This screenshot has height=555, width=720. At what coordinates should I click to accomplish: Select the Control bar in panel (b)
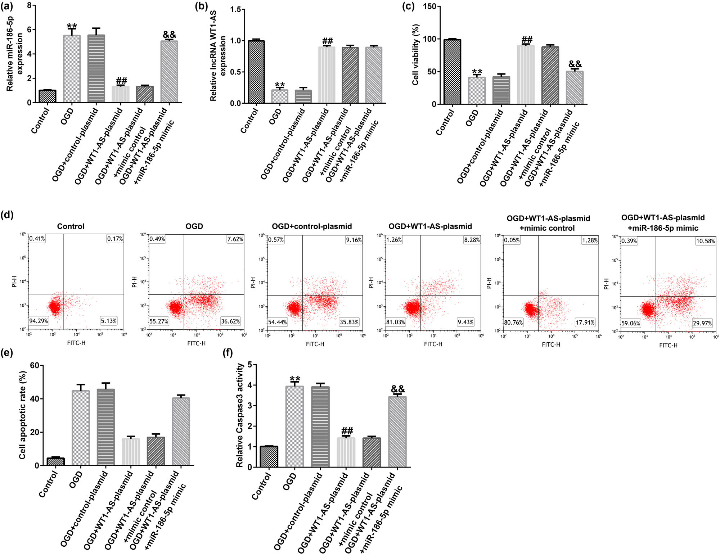256,72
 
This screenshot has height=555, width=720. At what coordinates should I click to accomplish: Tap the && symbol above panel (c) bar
575,64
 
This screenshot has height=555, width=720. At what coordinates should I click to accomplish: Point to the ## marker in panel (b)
327,41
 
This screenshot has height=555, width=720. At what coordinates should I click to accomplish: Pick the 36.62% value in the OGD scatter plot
230,321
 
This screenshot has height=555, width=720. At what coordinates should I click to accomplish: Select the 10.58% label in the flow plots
705,241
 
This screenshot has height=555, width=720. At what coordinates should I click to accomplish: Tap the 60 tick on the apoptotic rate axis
35,366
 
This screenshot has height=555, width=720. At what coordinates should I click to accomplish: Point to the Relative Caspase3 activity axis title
240,416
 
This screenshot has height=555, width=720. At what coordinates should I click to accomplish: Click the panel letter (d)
7,215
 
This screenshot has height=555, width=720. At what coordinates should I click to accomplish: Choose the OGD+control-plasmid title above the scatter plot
312,226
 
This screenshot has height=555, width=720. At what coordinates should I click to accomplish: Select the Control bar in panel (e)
55,461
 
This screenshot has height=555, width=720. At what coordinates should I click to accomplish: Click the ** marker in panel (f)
295,379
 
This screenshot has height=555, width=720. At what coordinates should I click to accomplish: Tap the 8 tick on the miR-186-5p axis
29,5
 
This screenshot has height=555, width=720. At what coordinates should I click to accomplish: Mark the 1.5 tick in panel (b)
236,9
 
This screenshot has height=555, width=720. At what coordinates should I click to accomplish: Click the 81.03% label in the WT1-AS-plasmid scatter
396,322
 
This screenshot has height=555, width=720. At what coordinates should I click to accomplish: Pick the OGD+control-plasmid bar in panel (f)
320,427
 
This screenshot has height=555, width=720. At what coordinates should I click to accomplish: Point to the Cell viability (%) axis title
416,55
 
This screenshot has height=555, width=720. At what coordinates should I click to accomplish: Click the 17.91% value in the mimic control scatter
585,322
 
